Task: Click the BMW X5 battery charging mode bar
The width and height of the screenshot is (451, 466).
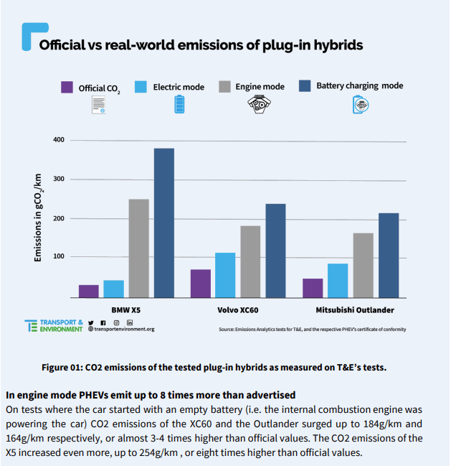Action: point(164,223)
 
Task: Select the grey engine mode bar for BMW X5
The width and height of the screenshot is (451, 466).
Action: point(139,248)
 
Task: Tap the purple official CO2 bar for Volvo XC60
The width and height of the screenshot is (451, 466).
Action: point(201,284)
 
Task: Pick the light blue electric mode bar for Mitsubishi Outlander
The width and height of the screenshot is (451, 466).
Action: point(338,281)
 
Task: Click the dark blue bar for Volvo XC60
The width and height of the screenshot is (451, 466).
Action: point(275,251)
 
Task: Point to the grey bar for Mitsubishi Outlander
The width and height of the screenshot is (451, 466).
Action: point(364,266)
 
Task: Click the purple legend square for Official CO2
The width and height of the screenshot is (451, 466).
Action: point(67,88)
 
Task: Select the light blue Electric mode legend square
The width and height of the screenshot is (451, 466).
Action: point(141,87)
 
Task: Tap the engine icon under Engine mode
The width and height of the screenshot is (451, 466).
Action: point(259,104)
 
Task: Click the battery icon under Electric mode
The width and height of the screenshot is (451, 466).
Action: point(179,104)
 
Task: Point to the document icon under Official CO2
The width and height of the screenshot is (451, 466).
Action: point(98,105)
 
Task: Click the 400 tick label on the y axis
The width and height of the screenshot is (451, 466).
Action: point(59,140)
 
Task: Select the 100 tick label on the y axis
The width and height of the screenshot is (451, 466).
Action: point(59,256)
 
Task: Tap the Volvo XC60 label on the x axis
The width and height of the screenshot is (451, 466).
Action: point(237,310)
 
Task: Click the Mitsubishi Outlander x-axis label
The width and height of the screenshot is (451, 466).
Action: point(355,310)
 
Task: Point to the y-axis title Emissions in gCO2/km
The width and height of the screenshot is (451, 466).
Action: point(38,218)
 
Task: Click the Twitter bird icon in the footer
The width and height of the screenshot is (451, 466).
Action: point(91,322)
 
